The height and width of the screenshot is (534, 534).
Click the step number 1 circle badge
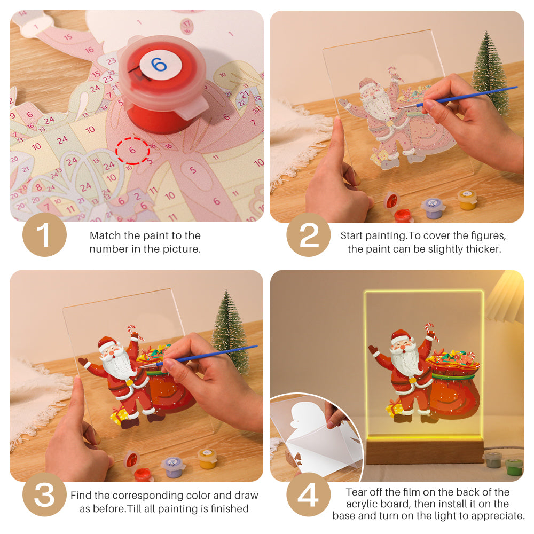(44, 234)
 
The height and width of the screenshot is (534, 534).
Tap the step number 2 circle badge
(309, 234)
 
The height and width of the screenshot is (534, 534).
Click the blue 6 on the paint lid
(159, 65)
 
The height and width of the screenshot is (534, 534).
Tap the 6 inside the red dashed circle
(132, 151)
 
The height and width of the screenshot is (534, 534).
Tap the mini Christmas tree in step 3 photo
(231, 331)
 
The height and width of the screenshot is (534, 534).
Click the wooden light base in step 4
(425, 451)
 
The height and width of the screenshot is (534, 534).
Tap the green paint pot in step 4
(514, 466)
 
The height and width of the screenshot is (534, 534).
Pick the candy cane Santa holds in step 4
(430, 331)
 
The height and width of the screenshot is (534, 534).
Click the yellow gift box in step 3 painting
(119, 415)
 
